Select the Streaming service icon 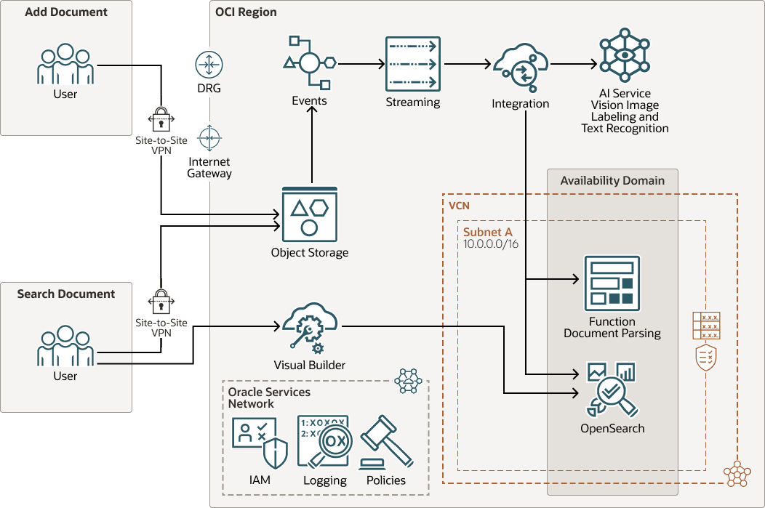tap(412, 63)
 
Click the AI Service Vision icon tap(624, 55)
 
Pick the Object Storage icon tap(310, 214)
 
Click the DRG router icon tap(209, 65)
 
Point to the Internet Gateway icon tap(209, 137)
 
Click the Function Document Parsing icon tap(612, 283)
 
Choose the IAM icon tap(260, 442)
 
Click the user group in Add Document tap(65, 65)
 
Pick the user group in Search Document tap(65, 347)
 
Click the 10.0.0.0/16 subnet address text tap(491, 244)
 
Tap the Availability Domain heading tap(612, 180)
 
